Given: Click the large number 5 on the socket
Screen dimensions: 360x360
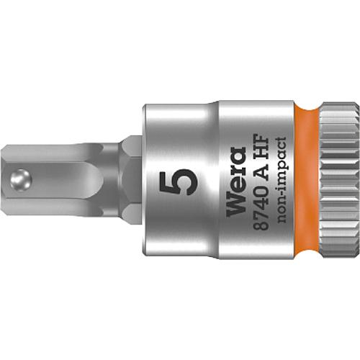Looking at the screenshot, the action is coord(179,182).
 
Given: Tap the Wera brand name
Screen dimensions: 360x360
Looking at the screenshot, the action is coord(236,181).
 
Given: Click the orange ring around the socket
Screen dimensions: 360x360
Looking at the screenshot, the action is coord(307,180).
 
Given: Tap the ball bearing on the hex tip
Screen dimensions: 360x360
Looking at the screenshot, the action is coord(21,180).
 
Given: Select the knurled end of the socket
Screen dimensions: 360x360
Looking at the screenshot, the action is coord(339,180).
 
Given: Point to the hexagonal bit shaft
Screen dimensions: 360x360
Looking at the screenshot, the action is coord(63,180).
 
